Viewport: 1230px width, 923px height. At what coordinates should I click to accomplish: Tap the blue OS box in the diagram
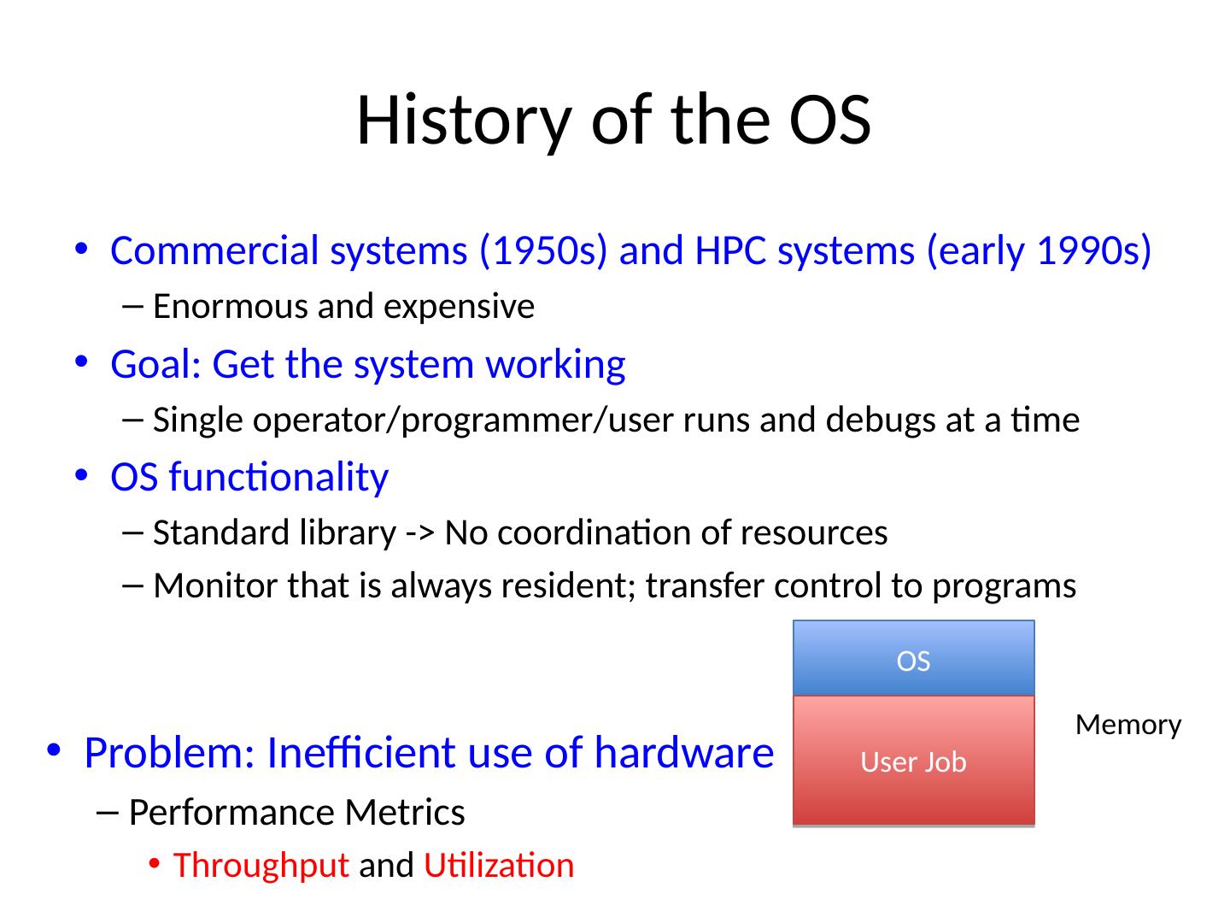pyautogui.click(x=913, y=658)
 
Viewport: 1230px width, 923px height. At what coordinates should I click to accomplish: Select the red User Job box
pyautogui.click(x=913, y=761)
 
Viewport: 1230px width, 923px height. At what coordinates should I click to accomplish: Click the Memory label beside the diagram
pyautogui.click(x=1128, y=726)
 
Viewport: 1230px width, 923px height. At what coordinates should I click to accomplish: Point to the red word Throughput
pyautogui.click(x=261, y=866)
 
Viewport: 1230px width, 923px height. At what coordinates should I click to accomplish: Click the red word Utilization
pyautogui.click(x=499, y=865)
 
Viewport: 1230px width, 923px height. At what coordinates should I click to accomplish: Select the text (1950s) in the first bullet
pyautogui.click(x=543, y=250)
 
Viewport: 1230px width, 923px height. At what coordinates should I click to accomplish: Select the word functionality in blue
pyautogui.click(x=278, y=477)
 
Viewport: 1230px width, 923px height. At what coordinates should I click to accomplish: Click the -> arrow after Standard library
pyautogui.click(x=419, y=533)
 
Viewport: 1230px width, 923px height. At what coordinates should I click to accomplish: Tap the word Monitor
pyautogui.click(x=216, y=586)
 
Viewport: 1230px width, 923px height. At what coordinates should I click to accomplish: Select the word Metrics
pyautogui.click(x=405, y=812)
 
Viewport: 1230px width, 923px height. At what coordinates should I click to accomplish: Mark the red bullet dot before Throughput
pyautogui.click(x=154, y=863)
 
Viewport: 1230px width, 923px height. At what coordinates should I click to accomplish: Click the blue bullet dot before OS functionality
pyautogui.click(x=81, y=474)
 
